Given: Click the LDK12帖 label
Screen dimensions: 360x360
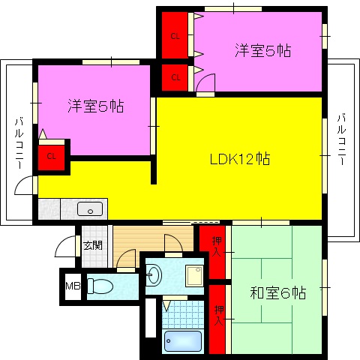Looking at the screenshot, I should click(x=239, y=159).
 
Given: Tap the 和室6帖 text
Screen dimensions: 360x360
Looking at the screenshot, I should click(x=277, y=292).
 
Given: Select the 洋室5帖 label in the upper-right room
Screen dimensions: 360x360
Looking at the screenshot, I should click(x=262, y=51).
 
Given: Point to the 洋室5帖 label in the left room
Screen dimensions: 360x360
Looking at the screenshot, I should click(x=94, y=106).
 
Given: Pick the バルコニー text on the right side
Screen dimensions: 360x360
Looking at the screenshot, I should click(x=341, y=139).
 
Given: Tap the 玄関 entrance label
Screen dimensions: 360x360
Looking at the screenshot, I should click(x=93, y=245).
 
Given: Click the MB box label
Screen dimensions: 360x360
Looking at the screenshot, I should click(x=73, y=286).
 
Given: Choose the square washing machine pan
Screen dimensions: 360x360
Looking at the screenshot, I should click(x=195, y=274).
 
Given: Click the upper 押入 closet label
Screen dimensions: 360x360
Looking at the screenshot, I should click(x=217, y=247).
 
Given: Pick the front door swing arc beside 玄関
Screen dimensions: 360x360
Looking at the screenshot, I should click(x=69, y=247).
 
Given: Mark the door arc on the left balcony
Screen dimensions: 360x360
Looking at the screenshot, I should click(x=27, y=184).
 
